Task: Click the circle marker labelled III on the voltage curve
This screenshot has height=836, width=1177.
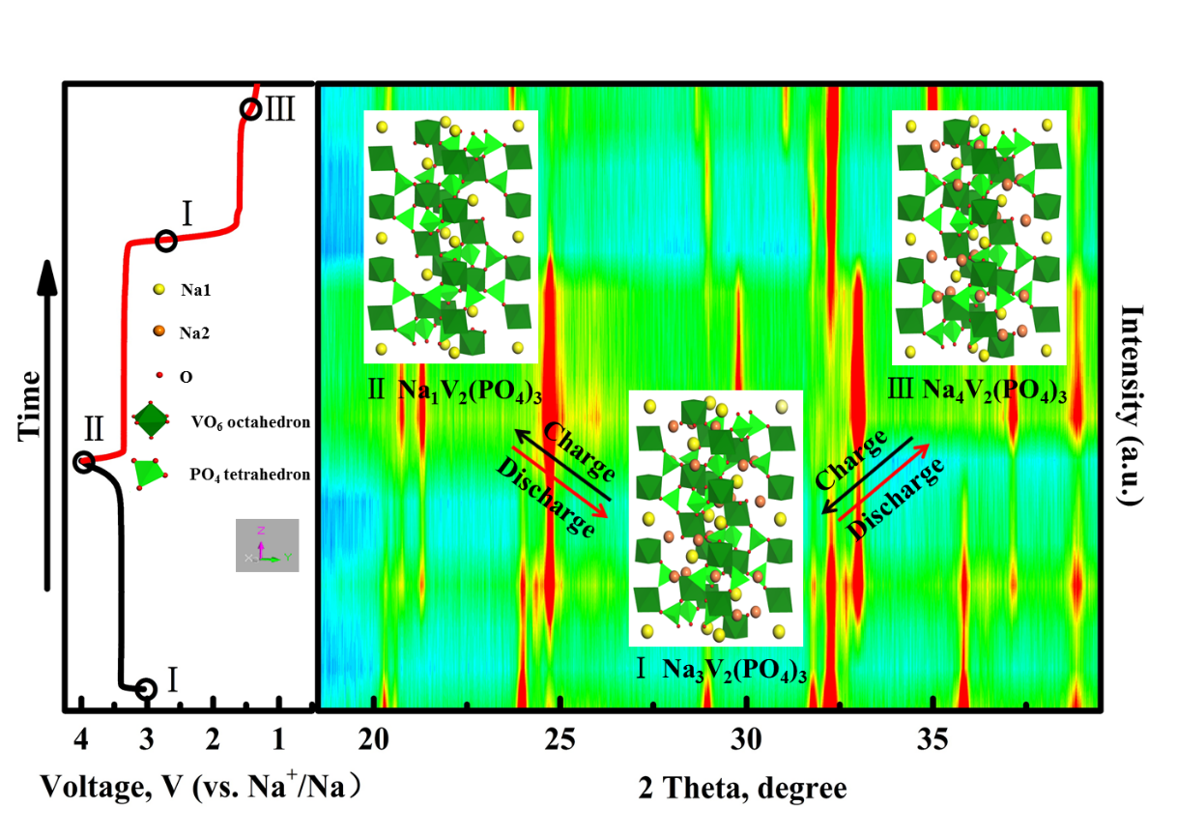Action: pos(249,109)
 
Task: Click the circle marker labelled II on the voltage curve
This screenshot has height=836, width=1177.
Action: pos(85,462)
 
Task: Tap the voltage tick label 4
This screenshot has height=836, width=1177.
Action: pos(82,742)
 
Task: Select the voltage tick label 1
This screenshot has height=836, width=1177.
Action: pos(278,742)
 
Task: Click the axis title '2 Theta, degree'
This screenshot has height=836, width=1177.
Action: pos(742,788)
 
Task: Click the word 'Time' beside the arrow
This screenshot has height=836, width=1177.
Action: pos(31,406)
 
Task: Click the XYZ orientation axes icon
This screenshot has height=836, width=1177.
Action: pos(267,545)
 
